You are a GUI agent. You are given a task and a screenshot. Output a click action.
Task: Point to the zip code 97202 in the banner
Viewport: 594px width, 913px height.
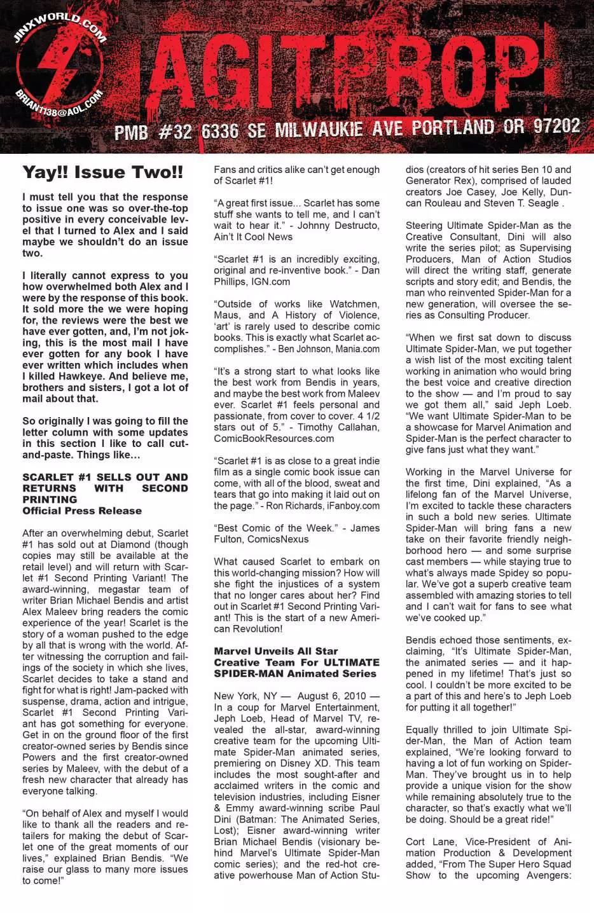556,125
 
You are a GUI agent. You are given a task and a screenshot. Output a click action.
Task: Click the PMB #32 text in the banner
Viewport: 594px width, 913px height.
153,132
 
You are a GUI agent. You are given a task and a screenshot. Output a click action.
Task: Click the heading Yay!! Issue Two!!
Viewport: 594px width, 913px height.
102,172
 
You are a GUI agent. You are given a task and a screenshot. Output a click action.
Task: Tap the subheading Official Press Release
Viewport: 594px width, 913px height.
82,511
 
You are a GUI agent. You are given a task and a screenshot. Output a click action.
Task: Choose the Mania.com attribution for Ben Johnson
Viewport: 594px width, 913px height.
356,349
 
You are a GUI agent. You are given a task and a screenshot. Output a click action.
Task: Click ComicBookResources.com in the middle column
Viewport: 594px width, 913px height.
273,438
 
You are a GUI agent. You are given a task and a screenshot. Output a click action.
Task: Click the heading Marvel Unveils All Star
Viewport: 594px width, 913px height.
275,651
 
